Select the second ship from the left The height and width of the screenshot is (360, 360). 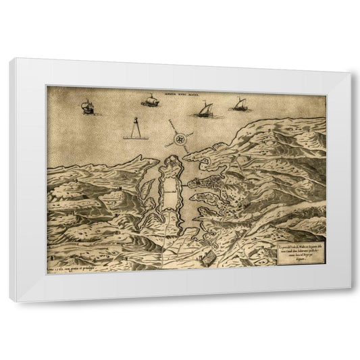[x=149, y=101]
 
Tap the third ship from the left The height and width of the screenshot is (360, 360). [x=202, y=108]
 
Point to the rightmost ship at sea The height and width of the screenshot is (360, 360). [x=239, y=105]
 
